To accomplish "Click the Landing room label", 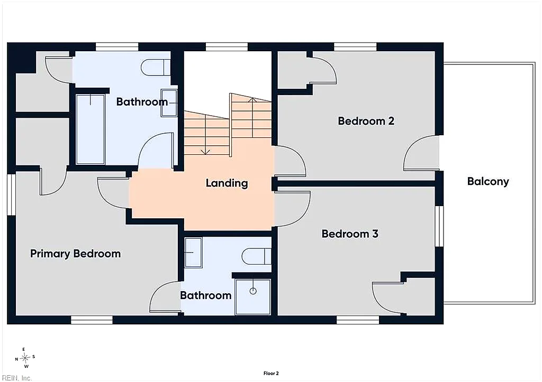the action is coord(227,183).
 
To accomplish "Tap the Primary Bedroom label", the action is coord(75,254).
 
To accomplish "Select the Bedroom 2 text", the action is coord(366,121).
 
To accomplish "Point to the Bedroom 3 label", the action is coord(350,234).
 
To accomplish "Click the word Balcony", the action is coord(488,182).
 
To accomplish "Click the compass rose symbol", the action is coord(25,358).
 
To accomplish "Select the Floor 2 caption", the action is coord(271,374).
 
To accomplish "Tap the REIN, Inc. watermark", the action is coord(16,378).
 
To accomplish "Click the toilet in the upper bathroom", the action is coord(156,67).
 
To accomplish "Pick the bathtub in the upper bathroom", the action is coord(90,129).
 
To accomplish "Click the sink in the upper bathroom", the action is coord(169,103).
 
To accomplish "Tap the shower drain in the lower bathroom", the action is coord(253,291).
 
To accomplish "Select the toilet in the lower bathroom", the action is coord(257,256).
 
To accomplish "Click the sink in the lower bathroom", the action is coord(193,252).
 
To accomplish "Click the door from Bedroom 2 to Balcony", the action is coord(421,153).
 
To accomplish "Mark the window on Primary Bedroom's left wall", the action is coord(12,194).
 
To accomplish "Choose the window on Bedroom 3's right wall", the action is coord(439,226).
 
